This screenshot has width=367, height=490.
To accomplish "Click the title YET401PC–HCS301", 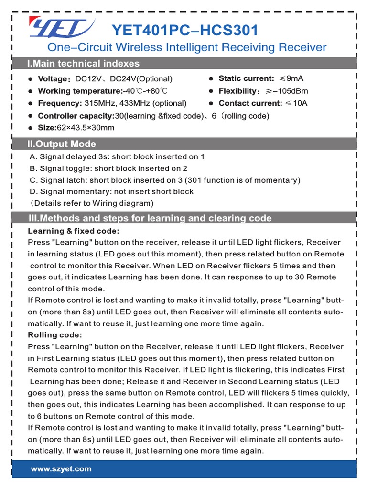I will (184, 31).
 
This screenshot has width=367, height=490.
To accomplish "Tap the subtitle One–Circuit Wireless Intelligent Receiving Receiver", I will (186, 47).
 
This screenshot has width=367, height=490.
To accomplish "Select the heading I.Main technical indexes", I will (83, 64).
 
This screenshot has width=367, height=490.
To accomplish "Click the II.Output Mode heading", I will (62, 144).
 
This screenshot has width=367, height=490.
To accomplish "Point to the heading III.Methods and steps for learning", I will (150, 218).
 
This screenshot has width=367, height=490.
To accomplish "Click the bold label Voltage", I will (51, 79).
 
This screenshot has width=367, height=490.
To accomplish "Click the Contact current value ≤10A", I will (296, 103).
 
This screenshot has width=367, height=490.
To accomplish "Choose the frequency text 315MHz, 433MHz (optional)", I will (135, 103).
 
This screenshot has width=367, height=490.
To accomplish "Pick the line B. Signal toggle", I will (108, 168).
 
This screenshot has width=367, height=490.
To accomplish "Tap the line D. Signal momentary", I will (111, 191).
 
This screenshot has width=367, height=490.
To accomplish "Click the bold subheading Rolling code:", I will (55, 335).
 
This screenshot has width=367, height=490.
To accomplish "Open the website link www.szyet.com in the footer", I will (61, 469).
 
